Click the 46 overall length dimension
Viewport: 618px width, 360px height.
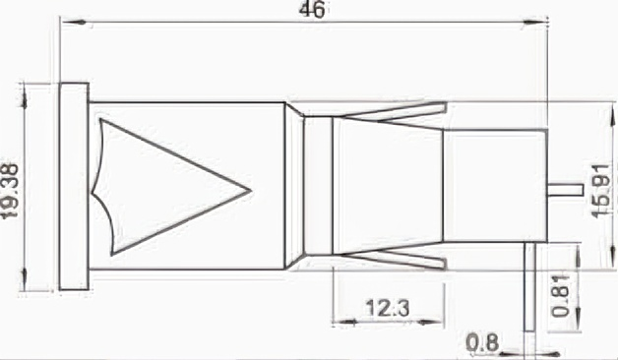pos(313,10)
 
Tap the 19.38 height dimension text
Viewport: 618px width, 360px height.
pos(10,191)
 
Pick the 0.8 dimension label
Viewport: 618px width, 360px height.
pos(482,342)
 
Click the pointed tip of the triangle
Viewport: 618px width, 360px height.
pos(251,191)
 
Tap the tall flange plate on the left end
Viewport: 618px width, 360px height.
pos(74,186)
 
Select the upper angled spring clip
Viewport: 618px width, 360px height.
pos(395,111)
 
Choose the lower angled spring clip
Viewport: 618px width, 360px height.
pos(395,259)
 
